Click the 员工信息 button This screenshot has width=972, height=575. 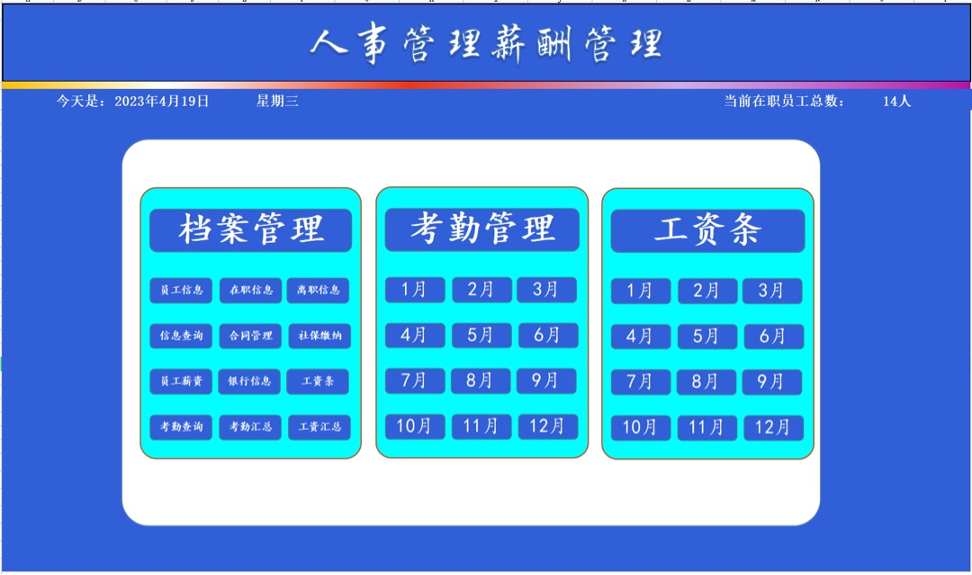181,290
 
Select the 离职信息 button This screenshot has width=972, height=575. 318,290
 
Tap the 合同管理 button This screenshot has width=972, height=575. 250,336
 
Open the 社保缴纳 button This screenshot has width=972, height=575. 319,336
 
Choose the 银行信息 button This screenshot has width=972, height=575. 249,381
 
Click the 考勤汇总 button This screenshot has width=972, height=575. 250,427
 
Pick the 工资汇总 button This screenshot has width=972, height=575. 319,427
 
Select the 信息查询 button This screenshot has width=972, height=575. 181,336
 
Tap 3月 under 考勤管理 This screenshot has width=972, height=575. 547,290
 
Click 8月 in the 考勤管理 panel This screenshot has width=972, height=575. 481,381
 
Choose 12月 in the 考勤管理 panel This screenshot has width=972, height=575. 548,427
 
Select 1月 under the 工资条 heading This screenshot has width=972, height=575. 641,291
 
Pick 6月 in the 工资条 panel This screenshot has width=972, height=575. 774,337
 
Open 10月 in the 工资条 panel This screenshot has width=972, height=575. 641,427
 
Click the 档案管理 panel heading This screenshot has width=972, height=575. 250,229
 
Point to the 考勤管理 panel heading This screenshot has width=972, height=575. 482,229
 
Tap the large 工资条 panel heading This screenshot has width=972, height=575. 708,230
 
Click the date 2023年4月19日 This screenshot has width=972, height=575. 162,101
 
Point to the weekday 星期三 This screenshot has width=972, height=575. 277,101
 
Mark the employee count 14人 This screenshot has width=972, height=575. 896,101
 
